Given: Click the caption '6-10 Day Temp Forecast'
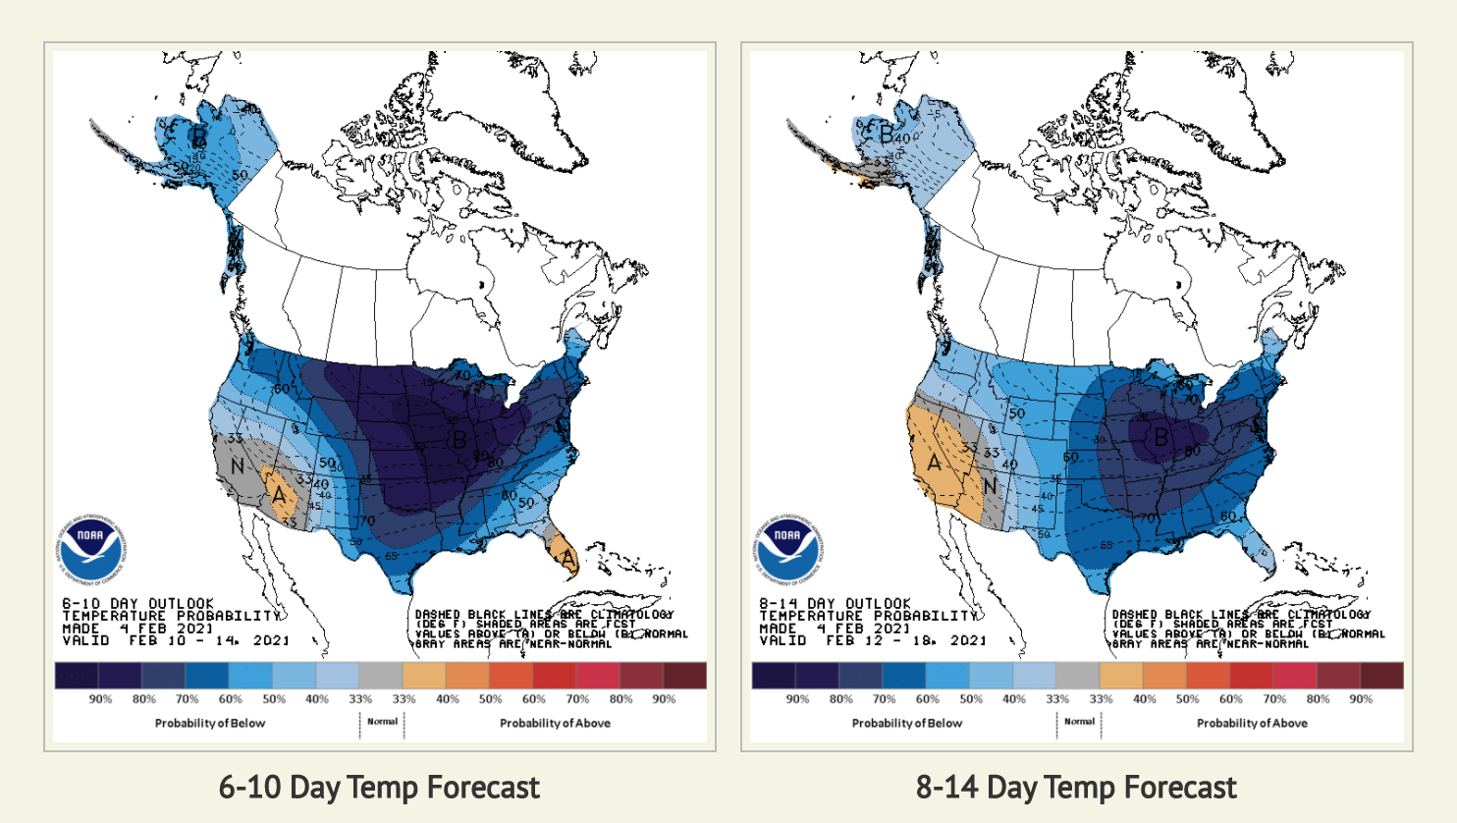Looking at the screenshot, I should coord(379,788).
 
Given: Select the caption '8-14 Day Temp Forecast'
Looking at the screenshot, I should coord(1076,788).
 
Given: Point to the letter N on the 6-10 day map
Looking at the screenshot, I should coord(237,466).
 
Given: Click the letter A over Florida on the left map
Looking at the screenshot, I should coord(567,559).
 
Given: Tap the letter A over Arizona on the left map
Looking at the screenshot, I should coord(279,497).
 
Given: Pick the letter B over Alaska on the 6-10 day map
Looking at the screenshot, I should coord(199,135).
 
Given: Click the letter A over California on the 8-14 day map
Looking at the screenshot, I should coord(934,462).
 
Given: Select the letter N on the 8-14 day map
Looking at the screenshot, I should coord(990,486).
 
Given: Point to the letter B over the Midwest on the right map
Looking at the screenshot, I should coord(1161,437).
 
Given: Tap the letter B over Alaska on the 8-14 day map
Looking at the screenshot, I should coord(887,134).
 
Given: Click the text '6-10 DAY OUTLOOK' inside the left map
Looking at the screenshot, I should coord(137,603).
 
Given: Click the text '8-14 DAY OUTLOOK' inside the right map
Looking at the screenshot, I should coord(835,603).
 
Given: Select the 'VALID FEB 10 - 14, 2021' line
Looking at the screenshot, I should coord(176,640).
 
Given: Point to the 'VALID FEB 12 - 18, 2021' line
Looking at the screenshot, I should coord(873,640).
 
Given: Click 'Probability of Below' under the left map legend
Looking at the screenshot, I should coord(210,723).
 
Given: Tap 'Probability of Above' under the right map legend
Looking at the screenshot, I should coord(1252,723).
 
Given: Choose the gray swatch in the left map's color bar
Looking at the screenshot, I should coord(380,675).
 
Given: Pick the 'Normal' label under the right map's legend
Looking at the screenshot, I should coord(1079,721).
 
